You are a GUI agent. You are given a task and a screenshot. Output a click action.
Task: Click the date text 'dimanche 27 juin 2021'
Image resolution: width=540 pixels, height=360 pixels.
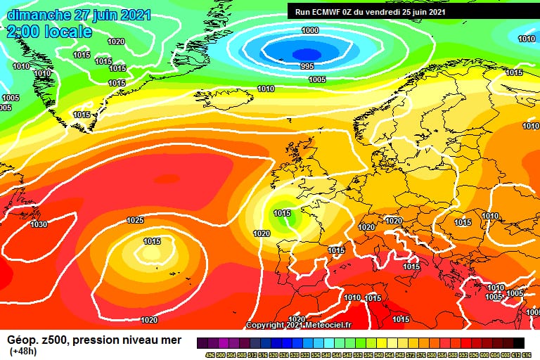(79, 15)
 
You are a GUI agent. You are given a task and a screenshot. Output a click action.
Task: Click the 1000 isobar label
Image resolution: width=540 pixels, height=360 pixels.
(309, 30)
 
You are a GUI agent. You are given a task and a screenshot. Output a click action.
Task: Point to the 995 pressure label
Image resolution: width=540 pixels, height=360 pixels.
(307, 66)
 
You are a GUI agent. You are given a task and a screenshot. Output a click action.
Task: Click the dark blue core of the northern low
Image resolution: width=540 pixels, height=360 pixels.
(306, 53)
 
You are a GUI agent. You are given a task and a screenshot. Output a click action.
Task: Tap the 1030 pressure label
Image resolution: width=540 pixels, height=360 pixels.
(39, 224)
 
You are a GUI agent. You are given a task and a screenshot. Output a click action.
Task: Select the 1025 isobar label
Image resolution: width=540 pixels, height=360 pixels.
(135, 220)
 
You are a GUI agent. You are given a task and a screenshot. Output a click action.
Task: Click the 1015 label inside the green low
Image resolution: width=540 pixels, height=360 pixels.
(282, 213)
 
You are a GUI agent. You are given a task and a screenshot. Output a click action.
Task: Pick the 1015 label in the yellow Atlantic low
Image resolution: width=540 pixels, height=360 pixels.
(152, 241)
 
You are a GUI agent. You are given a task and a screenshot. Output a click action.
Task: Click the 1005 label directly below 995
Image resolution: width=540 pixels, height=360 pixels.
(317, 79)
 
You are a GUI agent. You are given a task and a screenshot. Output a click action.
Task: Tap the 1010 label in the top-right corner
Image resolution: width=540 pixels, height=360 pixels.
(527, 39)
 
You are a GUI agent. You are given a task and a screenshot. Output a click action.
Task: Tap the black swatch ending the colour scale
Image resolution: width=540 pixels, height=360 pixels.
(518, 342)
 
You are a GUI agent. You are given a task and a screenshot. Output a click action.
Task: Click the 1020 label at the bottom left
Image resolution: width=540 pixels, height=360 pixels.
(148, 320)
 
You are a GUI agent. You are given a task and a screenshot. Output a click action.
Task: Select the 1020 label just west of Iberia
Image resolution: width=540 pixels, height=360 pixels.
(261, 233)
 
